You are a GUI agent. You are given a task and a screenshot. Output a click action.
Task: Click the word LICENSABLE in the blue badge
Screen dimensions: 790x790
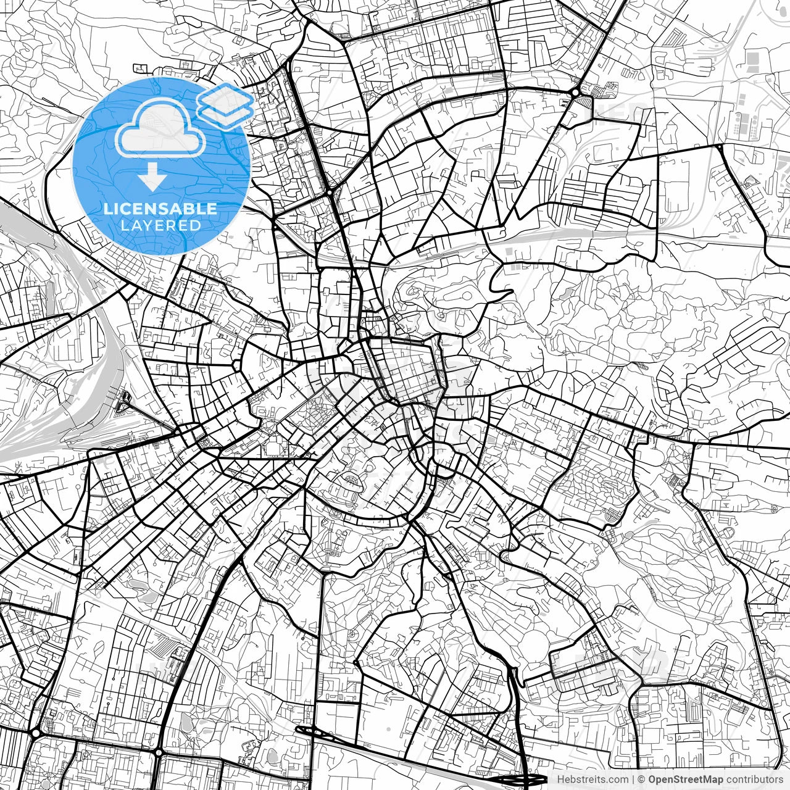(160, 209)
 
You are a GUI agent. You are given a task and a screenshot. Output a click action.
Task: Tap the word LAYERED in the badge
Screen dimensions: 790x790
(160, 226)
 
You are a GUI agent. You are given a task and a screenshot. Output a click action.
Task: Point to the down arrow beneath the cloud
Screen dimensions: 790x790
(152, 178)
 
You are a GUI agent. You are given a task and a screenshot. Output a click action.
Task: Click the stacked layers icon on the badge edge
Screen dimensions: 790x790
(225, 105)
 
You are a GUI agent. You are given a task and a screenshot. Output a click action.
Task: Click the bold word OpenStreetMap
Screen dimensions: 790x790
(685, 780)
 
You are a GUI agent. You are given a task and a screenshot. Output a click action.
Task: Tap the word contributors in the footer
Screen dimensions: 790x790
(754, 780)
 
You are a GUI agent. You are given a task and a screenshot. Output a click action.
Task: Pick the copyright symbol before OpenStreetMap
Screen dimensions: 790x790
(642, 780)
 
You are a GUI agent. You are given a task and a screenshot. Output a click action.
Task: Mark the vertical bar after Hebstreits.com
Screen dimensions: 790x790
(633, 780)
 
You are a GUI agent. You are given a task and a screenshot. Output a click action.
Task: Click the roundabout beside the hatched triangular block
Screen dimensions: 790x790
(575, 93)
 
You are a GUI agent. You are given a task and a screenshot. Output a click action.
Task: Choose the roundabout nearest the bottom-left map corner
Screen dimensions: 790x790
(35, 733)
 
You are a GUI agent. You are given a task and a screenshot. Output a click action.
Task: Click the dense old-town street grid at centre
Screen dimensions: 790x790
(404, 370)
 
